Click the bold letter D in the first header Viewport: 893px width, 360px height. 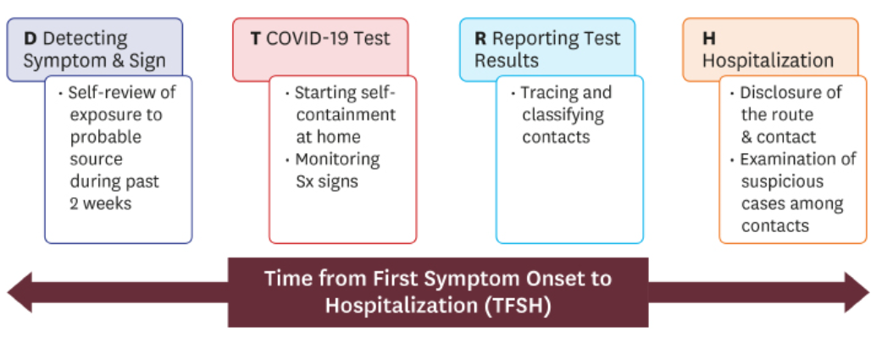tap(31, 39)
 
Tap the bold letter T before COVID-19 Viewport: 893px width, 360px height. tap(256, 39)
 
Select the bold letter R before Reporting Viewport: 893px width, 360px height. tap(481, 39)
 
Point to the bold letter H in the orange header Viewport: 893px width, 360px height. tap(709, 39)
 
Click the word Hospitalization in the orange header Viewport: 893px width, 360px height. tap(768, 61)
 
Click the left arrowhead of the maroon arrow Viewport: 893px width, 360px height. tap(19, 292)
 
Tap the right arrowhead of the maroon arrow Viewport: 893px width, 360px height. tap(857, 292)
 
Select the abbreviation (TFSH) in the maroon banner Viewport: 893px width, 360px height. tap(519, 306)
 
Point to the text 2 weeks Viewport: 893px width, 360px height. tap(100, 203)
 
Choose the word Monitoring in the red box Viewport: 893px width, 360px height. tap(337, 160)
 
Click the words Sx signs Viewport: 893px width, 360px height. tap(326, 182)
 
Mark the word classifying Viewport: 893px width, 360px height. tap(563, 115)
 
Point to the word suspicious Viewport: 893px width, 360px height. tap(782, 182)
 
